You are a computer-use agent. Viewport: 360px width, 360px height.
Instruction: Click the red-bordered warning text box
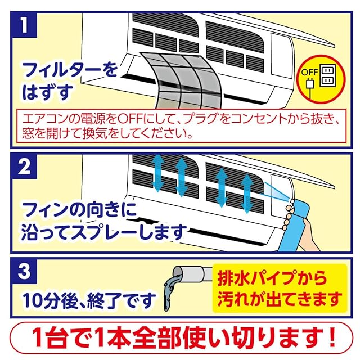[180, 127]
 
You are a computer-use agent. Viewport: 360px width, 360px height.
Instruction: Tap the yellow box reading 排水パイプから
[279, 286]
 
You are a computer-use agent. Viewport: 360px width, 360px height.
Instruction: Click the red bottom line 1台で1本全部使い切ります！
[180, 340]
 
